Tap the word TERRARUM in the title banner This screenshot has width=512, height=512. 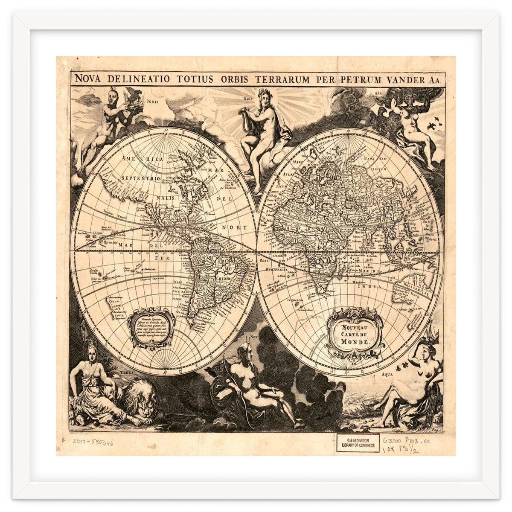coord(283,79)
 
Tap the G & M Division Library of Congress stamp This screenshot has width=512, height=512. coord(358,443)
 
